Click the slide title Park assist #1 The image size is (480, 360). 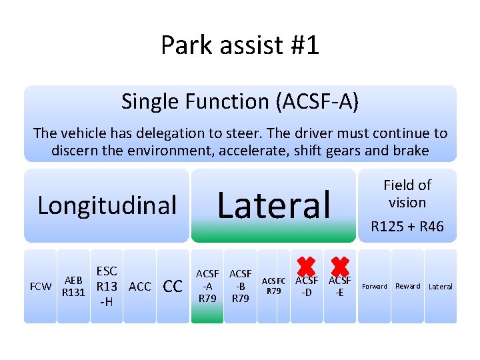240,45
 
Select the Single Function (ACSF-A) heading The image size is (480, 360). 240,101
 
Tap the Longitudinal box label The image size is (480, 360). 107,205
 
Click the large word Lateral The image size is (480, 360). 274,205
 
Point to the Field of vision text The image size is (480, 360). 407,193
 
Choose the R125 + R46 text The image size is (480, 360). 407,227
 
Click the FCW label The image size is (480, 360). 41,287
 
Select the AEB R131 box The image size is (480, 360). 73,287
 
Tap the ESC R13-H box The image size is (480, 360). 106,287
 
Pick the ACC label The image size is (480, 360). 139,287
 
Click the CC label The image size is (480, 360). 173,287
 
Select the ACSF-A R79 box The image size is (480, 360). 207,286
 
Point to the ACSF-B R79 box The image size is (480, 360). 240,286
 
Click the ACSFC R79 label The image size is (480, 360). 273,286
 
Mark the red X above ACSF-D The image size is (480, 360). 306,267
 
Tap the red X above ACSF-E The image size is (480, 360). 340,267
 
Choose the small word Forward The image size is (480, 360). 374,287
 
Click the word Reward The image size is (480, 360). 407,287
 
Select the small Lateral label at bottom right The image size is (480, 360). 440,287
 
